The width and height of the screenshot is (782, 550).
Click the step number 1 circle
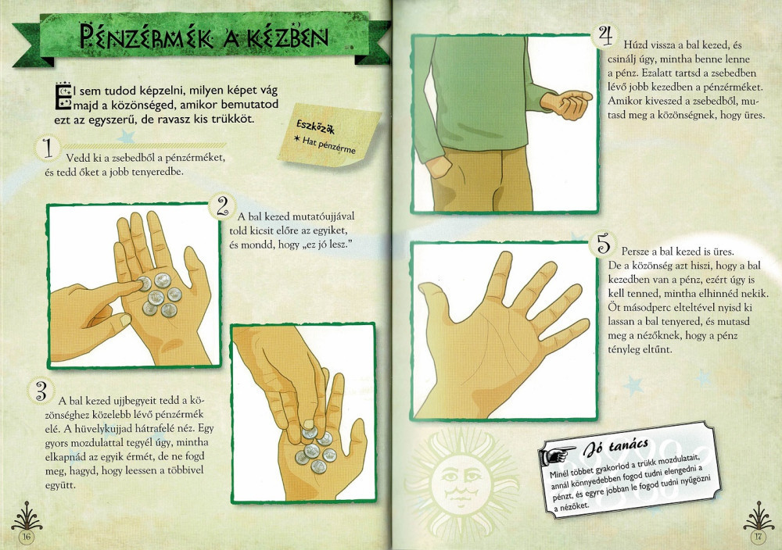click(x=48, y=148)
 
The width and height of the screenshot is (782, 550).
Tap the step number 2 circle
click(x=222, y=205)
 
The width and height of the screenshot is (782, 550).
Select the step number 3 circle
click(x=41, y=391)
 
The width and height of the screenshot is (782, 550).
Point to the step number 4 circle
click(x=605, y=36)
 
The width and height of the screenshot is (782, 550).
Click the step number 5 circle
click(x=604, y=244)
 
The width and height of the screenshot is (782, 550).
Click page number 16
click(x=26, y=537)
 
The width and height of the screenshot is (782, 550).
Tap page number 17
click(x=758, y=536)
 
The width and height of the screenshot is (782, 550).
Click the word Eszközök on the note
click(x=316, y=127)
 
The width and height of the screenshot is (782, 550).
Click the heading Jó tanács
click(x=616, y=446)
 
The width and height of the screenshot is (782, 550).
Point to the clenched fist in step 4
click(x=568, y=104)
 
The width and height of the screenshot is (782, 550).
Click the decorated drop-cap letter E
click(x=63, y=95)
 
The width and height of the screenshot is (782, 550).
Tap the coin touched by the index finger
click(x=144, y=284)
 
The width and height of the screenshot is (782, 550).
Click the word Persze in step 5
click(x=634, y=252)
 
